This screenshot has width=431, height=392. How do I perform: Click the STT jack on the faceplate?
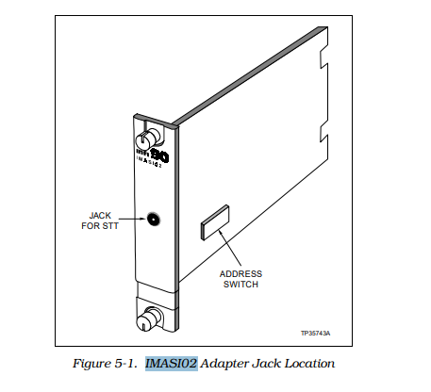(151, 220)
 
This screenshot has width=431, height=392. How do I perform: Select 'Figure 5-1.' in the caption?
(106, 363)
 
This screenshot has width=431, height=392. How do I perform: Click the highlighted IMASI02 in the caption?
(171, 363)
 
